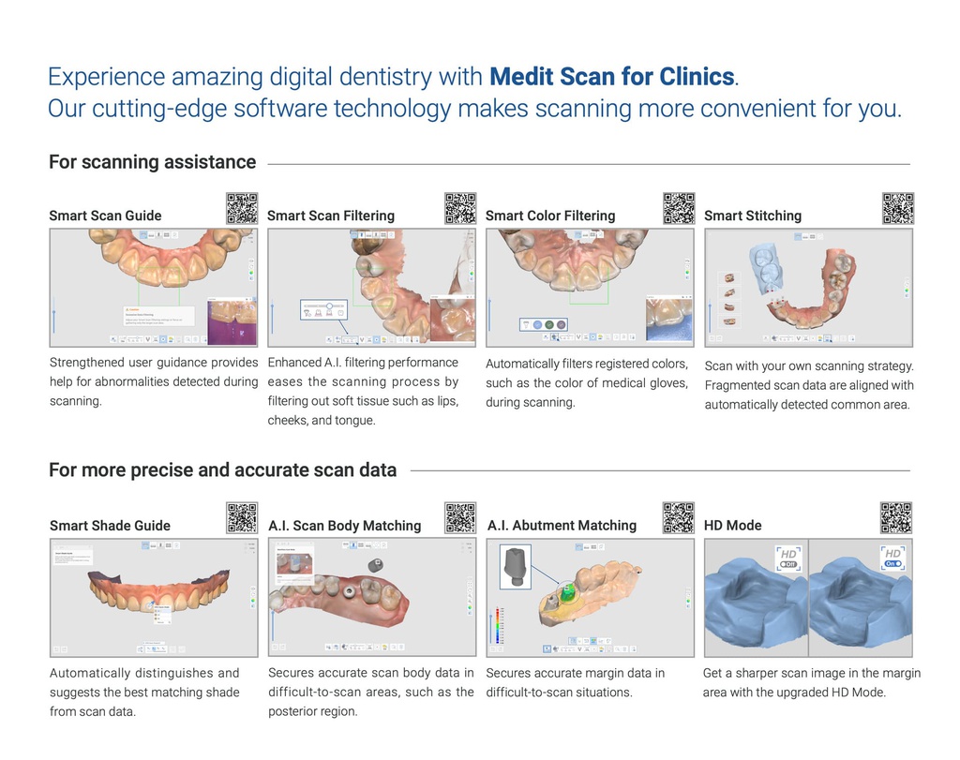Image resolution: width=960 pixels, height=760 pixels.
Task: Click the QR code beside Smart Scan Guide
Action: click(x=242, y=208)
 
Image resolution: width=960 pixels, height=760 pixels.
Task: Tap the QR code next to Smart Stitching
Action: click(x=898, y=208)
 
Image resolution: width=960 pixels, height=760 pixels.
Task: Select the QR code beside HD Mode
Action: click(x=896, y=518)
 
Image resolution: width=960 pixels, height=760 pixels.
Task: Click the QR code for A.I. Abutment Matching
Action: click(x=679, y=518)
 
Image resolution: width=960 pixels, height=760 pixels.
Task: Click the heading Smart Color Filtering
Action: click(x=550, y=216)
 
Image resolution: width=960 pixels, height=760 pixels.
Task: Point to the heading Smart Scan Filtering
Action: click(x=331, y=216)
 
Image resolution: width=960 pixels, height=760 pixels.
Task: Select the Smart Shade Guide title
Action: click(x=110, y=526)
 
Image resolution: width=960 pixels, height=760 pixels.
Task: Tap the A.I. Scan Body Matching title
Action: click(x=345, y=526)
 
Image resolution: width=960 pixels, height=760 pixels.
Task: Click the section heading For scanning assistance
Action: click(x=152, y=162)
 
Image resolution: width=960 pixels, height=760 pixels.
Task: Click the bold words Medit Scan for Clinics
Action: click(x=612, y=75)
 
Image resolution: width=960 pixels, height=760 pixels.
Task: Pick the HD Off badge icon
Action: click(x=787, y=559)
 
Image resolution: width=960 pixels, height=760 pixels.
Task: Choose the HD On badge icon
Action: click(x=892, y=559)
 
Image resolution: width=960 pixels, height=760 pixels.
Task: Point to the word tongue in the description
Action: click(x=353, y=421)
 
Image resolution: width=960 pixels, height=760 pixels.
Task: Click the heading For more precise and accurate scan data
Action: click(x=222, y=470)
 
